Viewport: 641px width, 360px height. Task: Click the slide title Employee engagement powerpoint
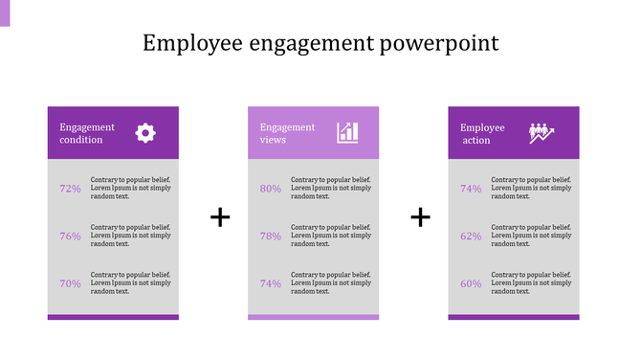click(320, 44)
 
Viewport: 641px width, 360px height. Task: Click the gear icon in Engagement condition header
click(145, 133)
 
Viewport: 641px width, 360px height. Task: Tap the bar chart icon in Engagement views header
click(347, 133)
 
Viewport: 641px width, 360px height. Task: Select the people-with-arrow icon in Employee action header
click(542, 133)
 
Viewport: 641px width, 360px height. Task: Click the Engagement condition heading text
click(87, 133)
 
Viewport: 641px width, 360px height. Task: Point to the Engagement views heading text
click(287, 133)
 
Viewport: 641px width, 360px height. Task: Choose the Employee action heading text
click(482, 133)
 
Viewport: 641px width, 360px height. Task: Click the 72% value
click(70, 189)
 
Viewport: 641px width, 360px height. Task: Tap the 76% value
click(70, 236)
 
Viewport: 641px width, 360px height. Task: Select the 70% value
click(70, 283)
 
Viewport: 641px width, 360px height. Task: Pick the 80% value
click(271, 189)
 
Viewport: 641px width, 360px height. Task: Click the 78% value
click(271, 236)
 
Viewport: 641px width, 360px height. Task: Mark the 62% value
click(471, 236)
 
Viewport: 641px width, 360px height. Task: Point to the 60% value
click(471, 283)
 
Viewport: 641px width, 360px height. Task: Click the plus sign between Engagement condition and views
click(220, 217)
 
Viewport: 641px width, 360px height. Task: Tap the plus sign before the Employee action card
click(421, 217)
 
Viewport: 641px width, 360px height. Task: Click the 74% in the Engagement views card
click(271, 283)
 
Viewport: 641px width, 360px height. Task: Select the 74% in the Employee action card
click(471, 189)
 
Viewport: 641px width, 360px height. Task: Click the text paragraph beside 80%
click(331, 188)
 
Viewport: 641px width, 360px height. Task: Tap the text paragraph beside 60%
click(532, 282)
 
